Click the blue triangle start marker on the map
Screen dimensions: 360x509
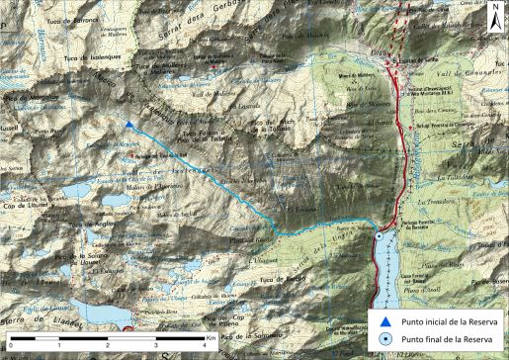click(x=130, y=125)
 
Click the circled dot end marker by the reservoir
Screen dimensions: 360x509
click(x=380, y=237)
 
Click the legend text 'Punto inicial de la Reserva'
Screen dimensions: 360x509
click(x=442, y=320)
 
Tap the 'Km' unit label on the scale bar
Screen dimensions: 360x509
click(x=212, y=338)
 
